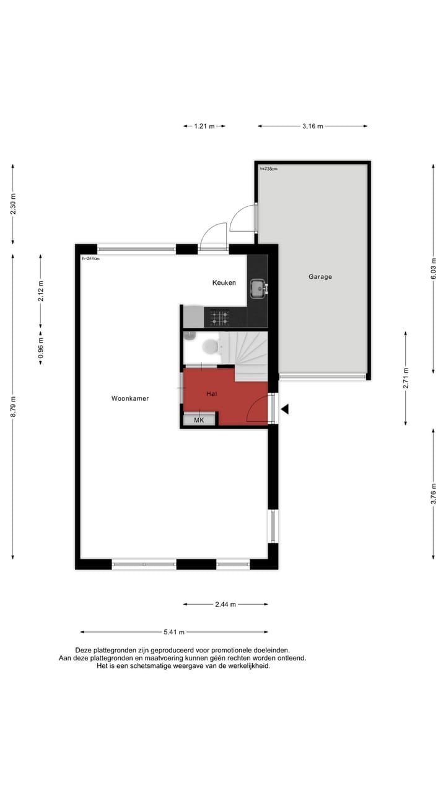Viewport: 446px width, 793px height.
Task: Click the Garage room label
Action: point(320,277)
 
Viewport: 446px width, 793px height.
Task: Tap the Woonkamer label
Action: point(130,398)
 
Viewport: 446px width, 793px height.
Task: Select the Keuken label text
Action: point(224,283)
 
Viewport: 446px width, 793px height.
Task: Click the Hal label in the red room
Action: point(211,393)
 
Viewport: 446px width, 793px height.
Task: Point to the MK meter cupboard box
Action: point(199,420)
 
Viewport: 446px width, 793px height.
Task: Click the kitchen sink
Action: point(257,287)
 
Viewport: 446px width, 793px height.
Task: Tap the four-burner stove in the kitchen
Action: point(219,318)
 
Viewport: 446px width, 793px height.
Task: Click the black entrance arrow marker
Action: point(285,409)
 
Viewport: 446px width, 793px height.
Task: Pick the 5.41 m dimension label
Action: point(174,632)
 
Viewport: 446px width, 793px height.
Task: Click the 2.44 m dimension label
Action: point(225,604)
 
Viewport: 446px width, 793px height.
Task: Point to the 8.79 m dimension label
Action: point(13,406)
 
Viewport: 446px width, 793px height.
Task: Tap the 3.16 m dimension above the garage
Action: point(313,126)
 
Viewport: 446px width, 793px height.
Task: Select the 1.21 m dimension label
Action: point(204,126)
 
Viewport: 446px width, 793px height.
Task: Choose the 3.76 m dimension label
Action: point(433,493)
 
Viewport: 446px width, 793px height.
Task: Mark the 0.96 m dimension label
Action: point(41,348)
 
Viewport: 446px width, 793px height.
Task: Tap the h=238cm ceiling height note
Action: point(269,169)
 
